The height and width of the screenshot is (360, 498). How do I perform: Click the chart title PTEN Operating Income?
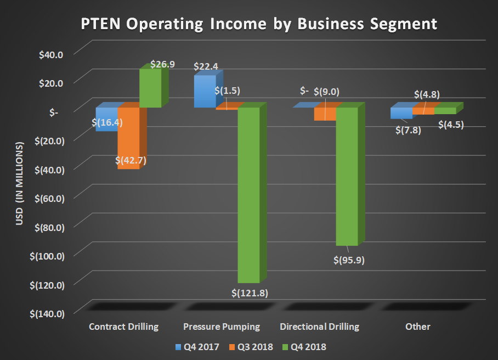tap(259, 24)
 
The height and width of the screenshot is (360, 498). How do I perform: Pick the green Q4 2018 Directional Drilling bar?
tap(346, 176)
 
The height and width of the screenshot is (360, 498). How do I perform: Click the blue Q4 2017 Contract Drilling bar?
tap(107, 119)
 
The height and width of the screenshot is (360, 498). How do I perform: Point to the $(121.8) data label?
tap(250, 293)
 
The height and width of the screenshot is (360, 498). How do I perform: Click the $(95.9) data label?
tap(349, 260)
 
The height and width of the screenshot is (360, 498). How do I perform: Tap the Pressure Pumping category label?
tap(222, 327)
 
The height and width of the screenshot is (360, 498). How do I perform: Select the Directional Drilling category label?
tap(319, 327)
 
